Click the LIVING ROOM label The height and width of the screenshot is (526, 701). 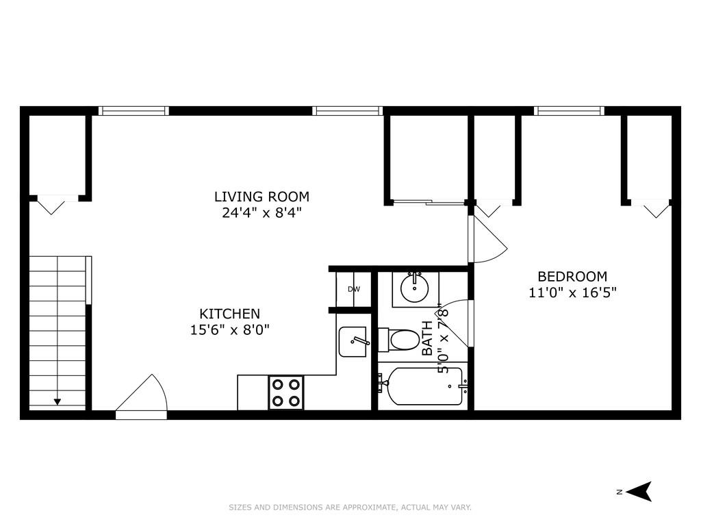click(x=262, y=197)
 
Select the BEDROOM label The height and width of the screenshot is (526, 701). click(x=572, y=277)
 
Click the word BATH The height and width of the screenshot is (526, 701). click(x=427, y=338)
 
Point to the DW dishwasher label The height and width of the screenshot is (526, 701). click(x=354, y=289)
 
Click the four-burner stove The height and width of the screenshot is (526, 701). click(x=286, y=393)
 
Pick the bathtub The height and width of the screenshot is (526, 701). click(x=422, y=388)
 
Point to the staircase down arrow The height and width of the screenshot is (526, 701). click(x=58, y=401)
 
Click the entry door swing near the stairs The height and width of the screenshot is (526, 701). click(x=142, y=397)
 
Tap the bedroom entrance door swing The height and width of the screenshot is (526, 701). click(x=486, y=240)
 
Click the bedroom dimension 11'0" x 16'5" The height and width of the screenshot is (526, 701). click(x=572, y=292)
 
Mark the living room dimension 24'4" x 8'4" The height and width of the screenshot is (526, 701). click(x=262, y=212)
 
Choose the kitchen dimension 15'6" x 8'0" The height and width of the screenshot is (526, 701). click(x=230, y=329)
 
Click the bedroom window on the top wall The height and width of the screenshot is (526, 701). click(x=569, y=111)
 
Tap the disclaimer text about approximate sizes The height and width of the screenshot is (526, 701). click(x=350, y=508)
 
